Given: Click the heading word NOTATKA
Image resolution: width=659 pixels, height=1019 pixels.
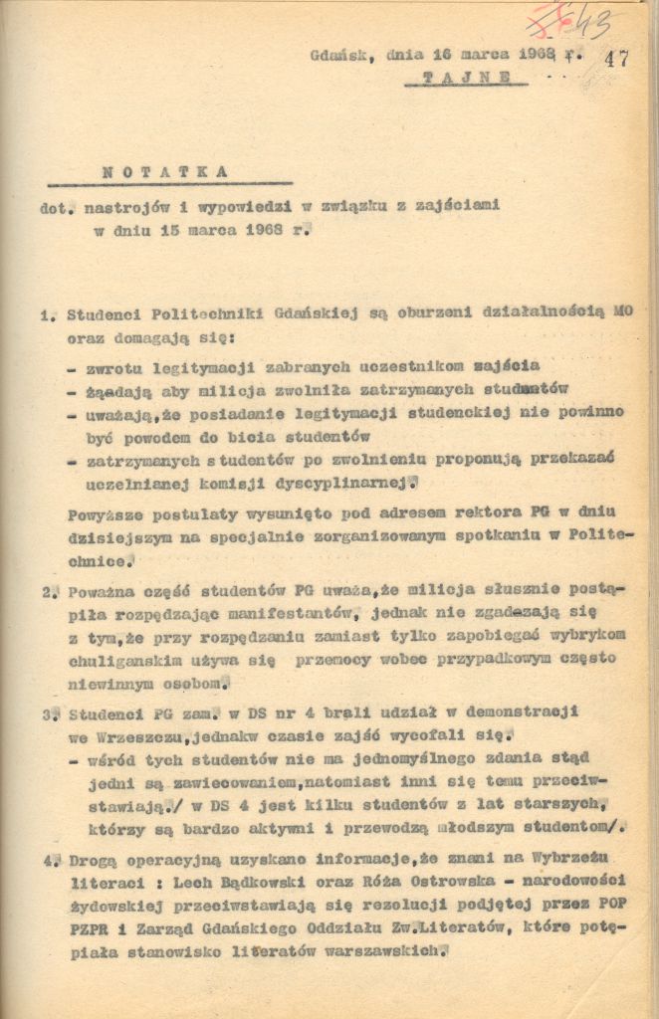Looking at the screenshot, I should tap(165, 172).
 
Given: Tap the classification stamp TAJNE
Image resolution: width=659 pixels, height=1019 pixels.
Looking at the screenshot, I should tap(469, 77).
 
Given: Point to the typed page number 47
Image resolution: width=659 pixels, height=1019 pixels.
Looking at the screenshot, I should tap(616, 58).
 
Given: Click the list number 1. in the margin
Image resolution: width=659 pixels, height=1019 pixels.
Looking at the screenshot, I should tap(49, 316).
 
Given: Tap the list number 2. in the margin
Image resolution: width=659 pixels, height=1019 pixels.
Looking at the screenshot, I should tap(50, 592).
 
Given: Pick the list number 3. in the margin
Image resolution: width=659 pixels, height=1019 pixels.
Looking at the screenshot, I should tap(50, 714).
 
